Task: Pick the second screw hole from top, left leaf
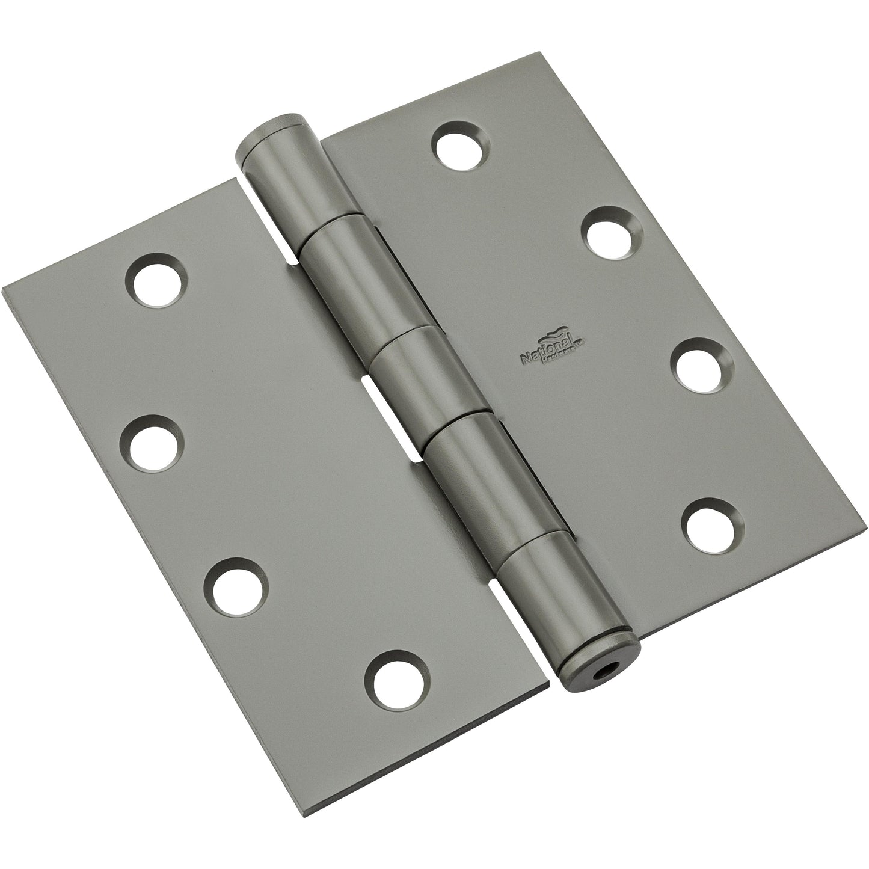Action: click(x=154, y=447)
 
